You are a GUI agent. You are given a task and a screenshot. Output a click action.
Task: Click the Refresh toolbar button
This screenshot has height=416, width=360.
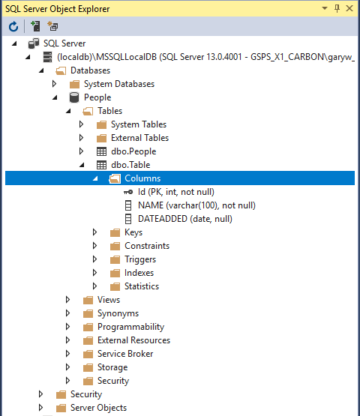[13, 26]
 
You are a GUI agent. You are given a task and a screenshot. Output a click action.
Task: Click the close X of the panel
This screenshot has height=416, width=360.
[349, 8]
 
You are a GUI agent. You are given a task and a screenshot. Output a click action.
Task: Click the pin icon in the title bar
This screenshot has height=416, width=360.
[337, 8]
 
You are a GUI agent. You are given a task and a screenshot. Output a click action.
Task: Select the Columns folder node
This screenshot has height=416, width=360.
[142, 178]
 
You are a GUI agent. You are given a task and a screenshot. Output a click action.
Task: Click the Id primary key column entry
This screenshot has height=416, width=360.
[176, 192]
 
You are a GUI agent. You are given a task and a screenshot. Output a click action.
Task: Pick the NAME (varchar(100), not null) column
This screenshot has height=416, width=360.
[196, 205]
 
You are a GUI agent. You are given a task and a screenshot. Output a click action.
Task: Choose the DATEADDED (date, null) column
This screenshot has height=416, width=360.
[185, 219]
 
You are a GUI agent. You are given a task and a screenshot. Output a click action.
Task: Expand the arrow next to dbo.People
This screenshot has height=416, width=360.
[81, 151]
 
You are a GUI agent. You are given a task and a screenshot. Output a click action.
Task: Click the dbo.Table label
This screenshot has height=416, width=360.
[130, 165]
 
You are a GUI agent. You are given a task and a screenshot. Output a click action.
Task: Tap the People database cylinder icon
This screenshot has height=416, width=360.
[74, 97]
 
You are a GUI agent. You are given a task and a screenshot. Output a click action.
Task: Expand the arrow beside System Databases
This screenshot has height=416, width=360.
[54, 84]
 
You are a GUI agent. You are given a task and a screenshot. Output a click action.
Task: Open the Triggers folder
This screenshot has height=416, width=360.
[140, 259]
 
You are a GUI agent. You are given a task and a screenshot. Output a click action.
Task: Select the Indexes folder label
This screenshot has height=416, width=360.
[139, 273]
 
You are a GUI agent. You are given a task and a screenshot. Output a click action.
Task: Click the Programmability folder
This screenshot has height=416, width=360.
[130, 327]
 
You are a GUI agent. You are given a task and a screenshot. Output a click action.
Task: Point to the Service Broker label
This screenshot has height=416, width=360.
[125, 354]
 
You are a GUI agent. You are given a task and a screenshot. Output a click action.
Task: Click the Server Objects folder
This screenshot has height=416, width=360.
[98, 408]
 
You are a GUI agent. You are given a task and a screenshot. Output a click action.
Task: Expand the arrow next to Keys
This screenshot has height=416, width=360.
[94, 232]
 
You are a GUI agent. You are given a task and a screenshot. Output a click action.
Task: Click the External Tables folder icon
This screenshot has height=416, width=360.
[101, 138]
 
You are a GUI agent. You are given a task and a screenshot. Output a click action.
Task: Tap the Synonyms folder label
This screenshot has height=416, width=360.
[118, 313]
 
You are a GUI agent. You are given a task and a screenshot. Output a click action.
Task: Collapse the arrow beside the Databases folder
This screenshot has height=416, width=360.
[41, 70]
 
